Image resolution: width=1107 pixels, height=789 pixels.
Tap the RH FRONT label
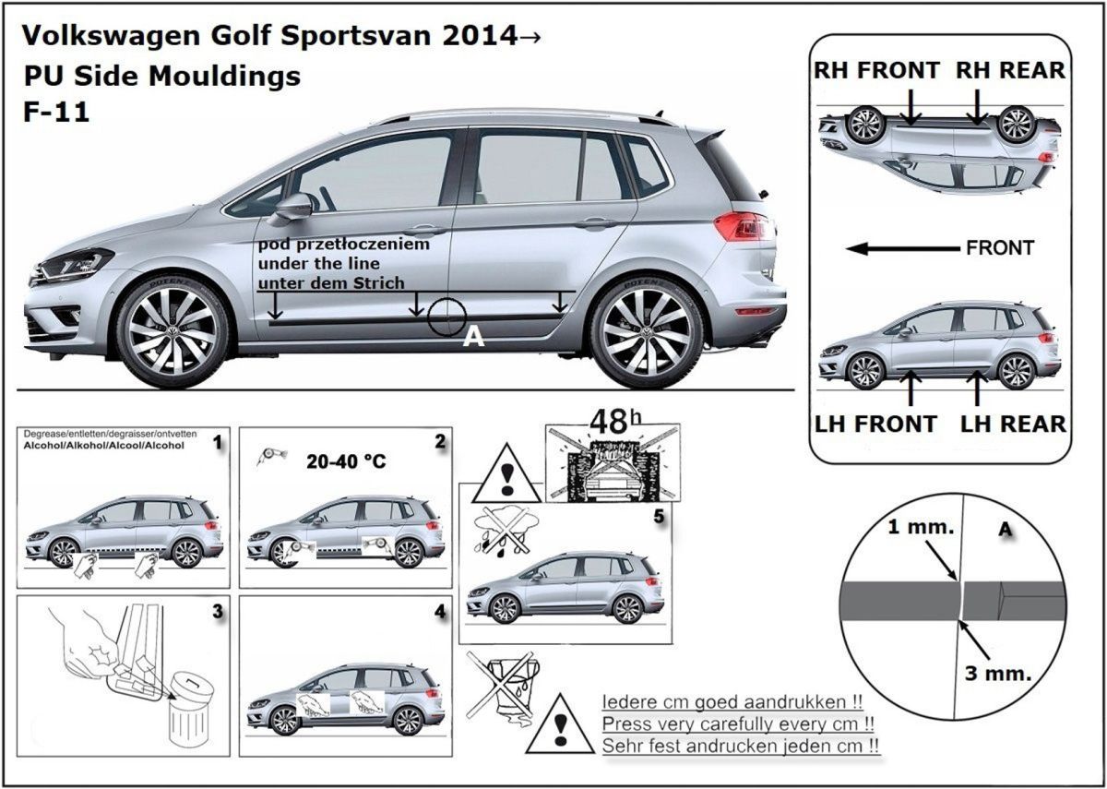coord(876,70)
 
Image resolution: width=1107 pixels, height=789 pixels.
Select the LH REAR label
coord(1013,424)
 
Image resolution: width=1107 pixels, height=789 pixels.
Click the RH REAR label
coord(1009,70)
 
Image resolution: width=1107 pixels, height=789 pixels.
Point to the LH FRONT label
coord(875,424)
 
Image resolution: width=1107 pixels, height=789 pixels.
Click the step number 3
coord(217,612)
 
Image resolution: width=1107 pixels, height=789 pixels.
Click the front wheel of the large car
coord(173,329)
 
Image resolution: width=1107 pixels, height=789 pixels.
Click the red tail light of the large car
coord(741,225)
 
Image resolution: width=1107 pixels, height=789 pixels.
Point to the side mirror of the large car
coord(293,206)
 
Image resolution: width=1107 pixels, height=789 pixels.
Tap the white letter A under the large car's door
coord(473,338)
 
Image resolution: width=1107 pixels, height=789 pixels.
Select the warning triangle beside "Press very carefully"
coord(559,724)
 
